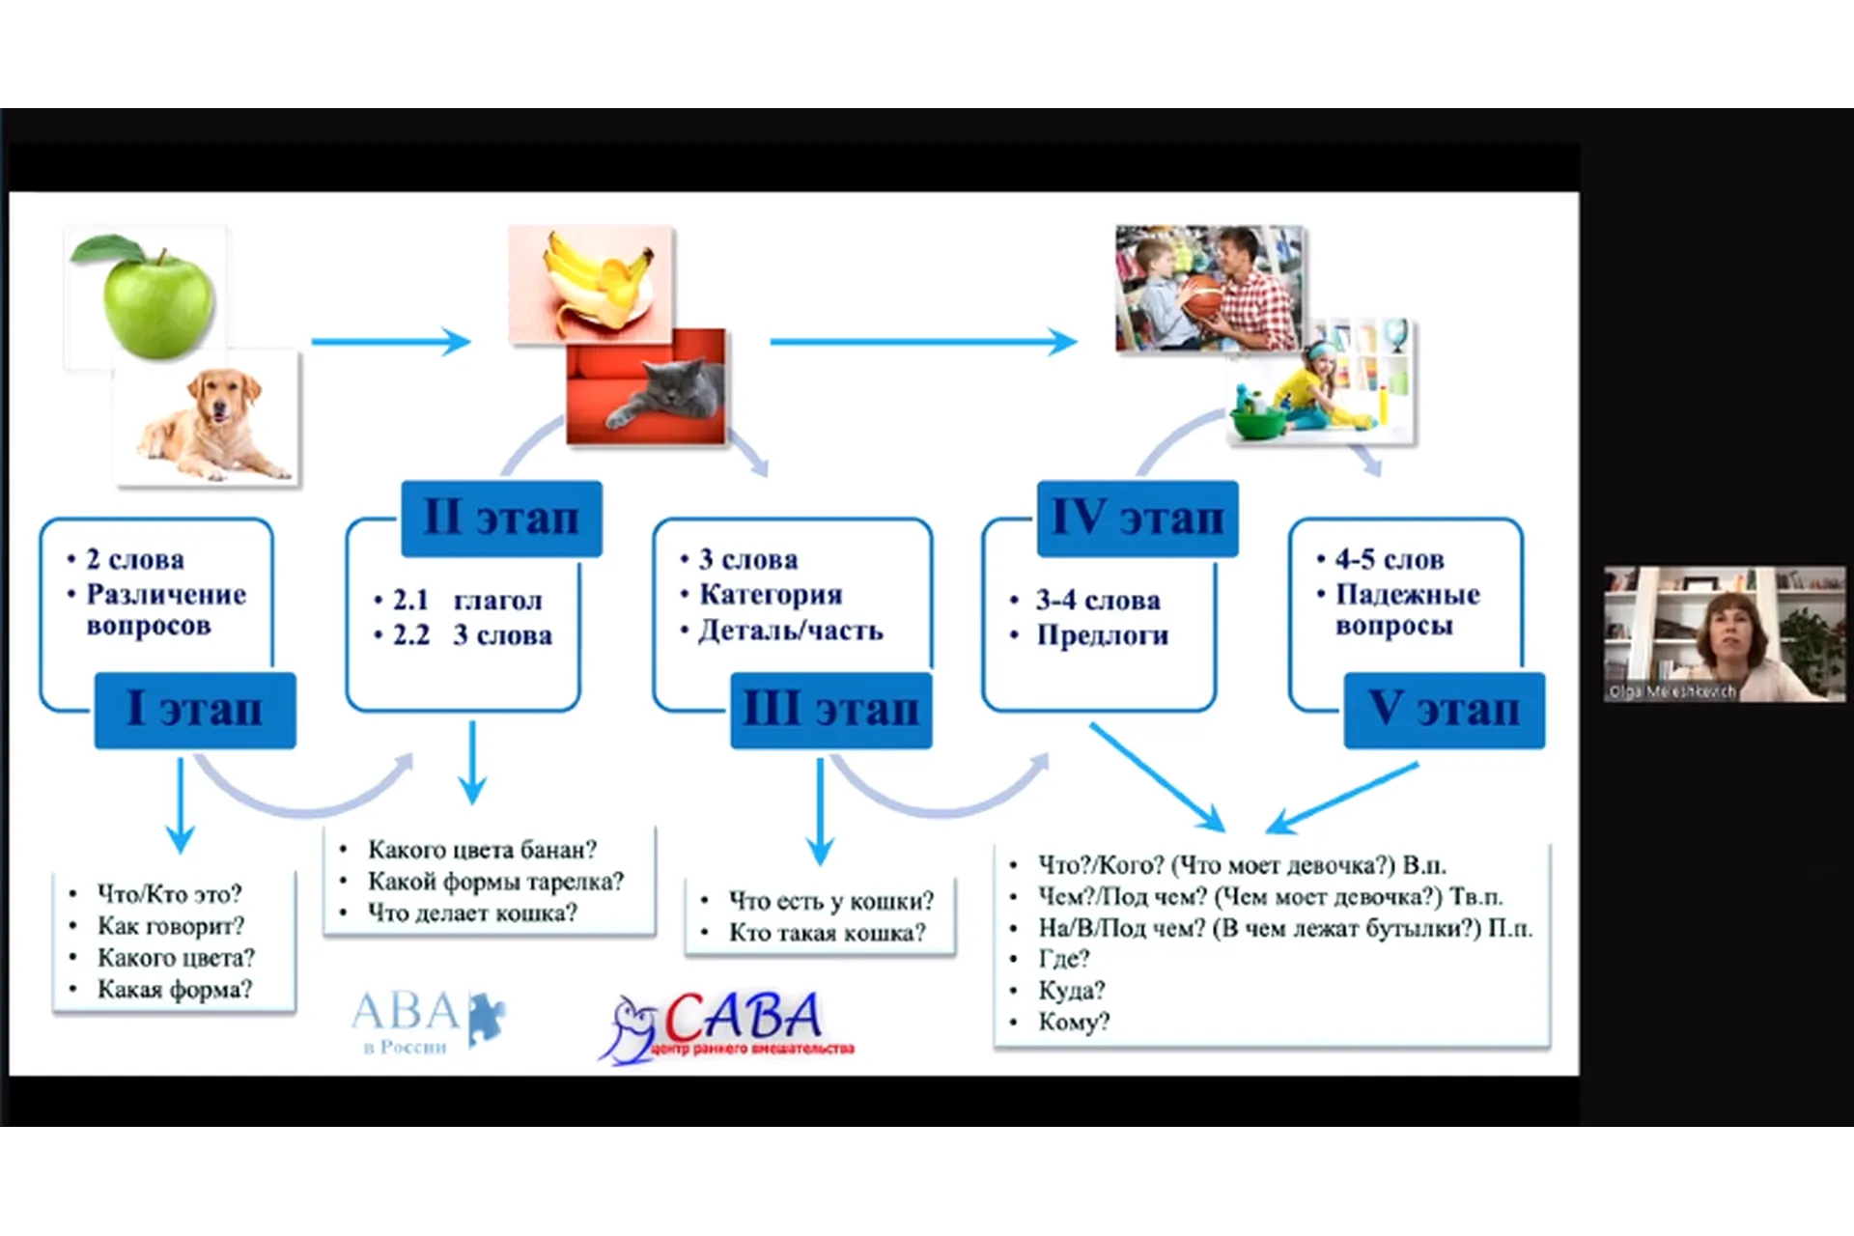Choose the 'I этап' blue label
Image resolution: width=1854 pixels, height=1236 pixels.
point(195,710)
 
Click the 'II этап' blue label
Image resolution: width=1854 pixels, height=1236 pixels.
point(501,519)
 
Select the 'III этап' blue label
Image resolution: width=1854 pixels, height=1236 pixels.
point(830,710)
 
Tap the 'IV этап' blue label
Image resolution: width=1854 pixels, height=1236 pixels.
point(1137,519)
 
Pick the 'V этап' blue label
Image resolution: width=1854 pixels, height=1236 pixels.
point(1444,710)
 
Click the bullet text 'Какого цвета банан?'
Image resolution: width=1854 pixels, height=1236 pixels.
point(482,850)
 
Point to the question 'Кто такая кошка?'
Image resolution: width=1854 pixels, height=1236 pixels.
point(827,933)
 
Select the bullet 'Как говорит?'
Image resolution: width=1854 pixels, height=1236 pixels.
point(170,926)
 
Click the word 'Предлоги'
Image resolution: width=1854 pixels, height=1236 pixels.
point(1102,635)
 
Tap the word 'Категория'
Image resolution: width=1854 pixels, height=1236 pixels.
point(771,595)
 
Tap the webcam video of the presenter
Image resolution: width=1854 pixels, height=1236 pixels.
point(1725,633)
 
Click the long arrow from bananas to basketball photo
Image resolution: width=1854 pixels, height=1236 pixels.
point(922,341)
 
